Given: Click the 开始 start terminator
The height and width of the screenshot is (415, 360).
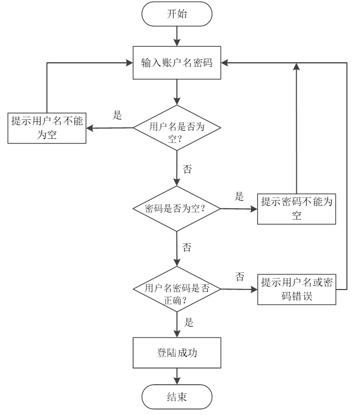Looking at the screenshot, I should pyautogui.click(x=176, y=14).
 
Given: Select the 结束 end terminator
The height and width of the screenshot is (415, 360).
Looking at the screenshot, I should pyautogui.click(x=176, y=397).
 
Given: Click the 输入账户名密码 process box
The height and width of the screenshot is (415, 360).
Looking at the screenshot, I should pyautogui.click(x=176, y=63).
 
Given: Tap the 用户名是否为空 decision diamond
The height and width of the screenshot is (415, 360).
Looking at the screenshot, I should pyautogui.click(x=176, y=128).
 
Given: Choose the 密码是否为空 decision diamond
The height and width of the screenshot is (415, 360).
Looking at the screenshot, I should pyautogui.click(x=176, y=209).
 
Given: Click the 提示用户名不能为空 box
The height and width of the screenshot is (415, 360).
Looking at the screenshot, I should pyautogui.click(x=47, y=128).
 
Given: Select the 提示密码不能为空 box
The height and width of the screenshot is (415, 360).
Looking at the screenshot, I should pyautogui.click(x=296, y=209).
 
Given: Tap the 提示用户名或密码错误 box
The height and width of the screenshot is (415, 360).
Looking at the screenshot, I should pyautogui.click(x=296, y=290).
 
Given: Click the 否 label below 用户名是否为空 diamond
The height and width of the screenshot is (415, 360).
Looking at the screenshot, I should pyautogui.click(x=188, y=169).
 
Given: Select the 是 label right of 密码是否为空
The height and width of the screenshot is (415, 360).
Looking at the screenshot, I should pyautogui.click(x=239, y=196).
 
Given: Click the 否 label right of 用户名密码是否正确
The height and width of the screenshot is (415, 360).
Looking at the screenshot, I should pyautogui.click(x=239, y=277).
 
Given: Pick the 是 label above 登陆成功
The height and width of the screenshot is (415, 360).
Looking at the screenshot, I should pyautogui.click(x=189, y=323).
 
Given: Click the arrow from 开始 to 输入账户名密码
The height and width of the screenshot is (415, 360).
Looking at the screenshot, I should pyautogui.click(x=176, y=35).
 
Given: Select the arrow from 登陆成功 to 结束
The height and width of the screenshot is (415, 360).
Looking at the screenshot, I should pyautogui.click(x=176, y=377).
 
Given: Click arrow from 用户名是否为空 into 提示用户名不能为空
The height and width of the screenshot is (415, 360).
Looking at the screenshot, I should pyautogui.click(x=110, y=128).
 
